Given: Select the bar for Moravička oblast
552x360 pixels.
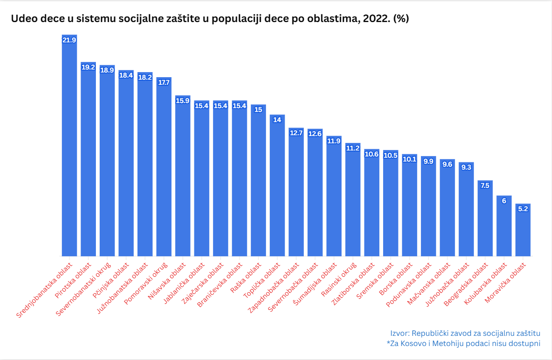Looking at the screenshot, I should click(523, 231).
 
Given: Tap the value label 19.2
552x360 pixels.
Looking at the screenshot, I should click(88, 67).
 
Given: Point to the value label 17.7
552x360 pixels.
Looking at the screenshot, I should click(164, 82).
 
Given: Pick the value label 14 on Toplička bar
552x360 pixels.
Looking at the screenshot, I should click(277, 120).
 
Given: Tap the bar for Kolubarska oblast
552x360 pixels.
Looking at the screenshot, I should click(504, 227).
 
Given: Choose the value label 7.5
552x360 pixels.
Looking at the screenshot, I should click(485, 185).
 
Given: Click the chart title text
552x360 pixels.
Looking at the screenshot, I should click(210, 19).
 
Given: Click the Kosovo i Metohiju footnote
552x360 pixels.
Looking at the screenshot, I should click(463, 343).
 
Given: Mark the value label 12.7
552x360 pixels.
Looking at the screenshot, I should click(296, 133).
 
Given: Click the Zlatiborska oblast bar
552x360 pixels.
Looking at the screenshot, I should click(372, 204).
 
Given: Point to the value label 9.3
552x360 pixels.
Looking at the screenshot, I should click(466, 167).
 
